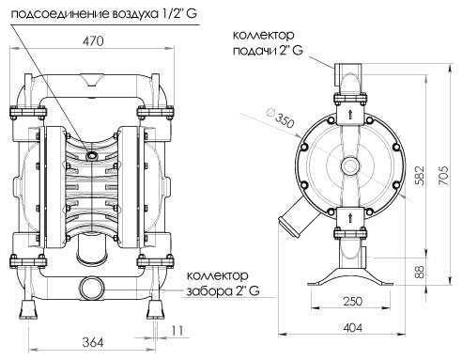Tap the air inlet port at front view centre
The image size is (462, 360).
click(x=93, y=149)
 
